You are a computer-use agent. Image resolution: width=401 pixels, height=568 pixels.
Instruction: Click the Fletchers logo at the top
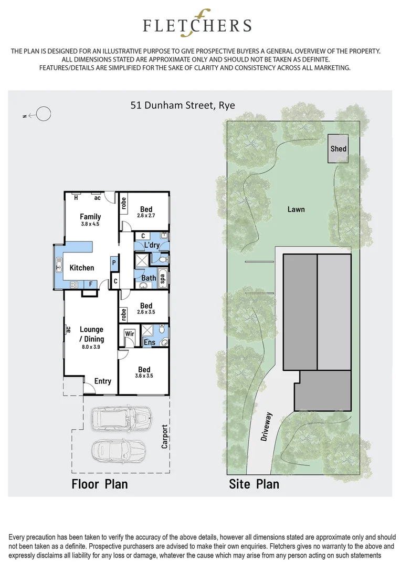198,24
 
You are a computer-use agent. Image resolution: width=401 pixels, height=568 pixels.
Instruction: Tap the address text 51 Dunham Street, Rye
183,105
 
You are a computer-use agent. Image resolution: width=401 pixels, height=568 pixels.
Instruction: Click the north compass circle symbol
44,114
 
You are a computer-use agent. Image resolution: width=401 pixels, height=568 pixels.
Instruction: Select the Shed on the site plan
339,148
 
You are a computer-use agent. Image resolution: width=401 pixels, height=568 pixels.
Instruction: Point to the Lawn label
296,209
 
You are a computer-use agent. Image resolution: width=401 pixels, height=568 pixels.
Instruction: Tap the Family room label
90,217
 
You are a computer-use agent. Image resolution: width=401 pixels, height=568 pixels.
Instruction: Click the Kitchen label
82,268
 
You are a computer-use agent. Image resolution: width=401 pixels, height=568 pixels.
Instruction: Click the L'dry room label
152,246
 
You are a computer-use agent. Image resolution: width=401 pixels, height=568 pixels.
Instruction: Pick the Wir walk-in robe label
130,333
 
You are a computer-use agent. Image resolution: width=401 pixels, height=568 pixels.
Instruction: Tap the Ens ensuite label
149,342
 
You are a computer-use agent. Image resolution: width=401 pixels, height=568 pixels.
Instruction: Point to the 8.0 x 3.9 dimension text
91,348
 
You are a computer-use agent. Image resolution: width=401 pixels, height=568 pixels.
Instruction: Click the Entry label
103,381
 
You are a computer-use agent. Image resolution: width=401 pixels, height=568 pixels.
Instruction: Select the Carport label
164,436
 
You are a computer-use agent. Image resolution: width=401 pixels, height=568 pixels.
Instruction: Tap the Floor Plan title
100,483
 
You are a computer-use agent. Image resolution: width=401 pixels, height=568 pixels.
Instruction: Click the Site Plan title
254,484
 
